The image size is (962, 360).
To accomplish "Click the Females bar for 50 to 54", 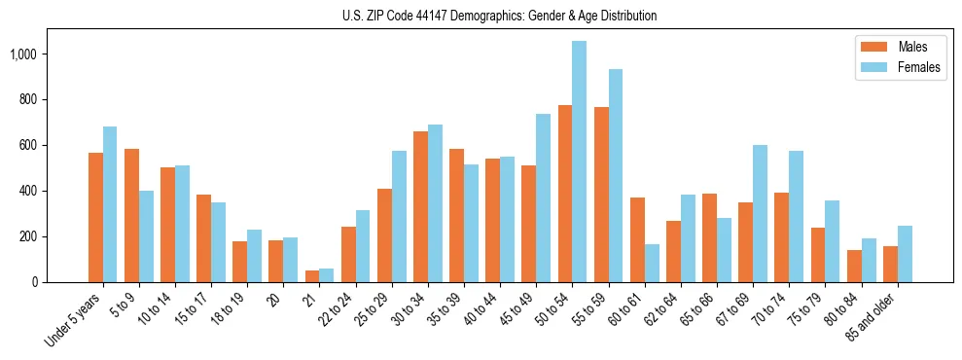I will (579, 162).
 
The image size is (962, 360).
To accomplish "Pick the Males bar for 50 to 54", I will (565, 194).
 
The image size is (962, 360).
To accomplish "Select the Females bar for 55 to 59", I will (615, 175).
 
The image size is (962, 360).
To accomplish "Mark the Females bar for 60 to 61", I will (652, 263).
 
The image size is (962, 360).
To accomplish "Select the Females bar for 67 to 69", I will (760, 213).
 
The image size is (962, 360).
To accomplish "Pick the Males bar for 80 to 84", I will (854, 266).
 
